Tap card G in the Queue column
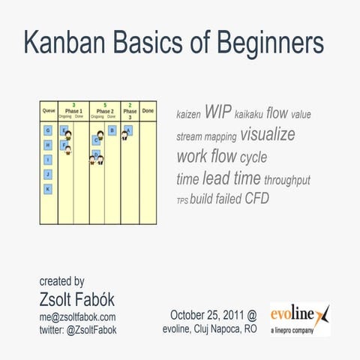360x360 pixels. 48,130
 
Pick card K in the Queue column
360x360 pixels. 48,189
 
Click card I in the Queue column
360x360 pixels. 48,160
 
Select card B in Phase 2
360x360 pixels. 112,130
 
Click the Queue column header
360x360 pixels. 48,110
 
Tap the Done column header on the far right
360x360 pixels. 148,110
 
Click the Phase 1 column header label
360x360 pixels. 73,110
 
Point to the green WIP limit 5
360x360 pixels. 105,104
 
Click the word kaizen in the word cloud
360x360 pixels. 187,115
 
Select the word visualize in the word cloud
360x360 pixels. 268,135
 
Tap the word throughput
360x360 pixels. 287,180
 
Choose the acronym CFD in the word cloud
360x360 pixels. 256,199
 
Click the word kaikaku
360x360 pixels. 248,115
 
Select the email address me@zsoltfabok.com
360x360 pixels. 77,316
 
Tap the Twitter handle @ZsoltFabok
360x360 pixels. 77,329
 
